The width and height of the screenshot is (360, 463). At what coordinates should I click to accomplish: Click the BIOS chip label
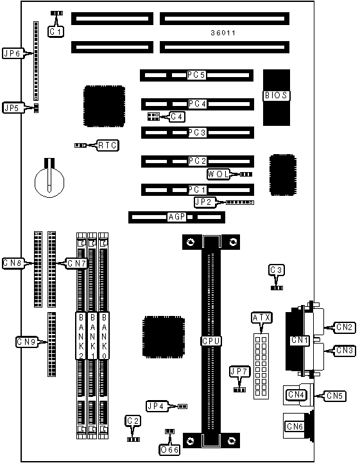(276, 96)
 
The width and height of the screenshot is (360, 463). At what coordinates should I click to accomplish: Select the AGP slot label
(176, 217)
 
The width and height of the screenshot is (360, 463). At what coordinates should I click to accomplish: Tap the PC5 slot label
(196, 75)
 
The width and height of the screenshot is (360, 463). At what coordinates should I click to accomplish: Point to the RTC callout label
(108, 145)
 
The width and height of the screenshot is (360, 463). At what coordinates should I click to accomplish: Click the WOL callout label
(218, 174)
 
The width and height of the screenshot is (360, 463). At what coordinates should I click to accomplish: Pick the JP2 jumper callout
(205, 202)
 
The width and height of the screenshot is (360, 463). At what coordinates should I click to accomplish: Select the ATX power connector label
(261, 318)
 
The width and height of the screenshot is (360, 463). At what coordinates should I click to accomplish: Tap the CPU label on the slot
(211, 341)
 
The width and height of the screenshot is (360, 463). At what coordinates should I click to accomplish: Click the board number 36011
(223, 33)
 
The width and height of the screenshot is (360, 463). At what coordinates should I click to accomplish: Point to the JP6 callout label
(13, 53)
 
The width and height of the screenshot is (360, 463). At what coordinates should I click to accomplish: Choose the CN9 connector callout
(26, 342)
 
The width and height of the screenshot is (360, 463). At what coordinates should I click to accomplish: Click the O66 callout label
(169, 450)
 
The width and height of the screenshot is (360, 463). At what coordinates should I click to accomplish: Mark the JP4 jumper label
(157, 406)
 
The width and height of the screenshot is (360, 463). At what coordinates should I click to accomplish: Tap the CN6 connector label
(295, 426)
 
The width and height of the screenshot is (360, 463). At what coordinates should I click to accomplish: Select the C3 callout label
(277, 270)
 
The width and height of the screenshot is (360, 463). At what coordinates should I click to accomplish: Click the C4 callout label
(176, 117)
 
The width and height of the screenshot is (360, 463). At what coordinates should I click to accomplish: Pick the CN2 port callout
(345, 327)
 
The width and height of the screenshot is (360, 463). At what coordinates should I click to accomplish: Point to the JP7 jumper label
(239, 371)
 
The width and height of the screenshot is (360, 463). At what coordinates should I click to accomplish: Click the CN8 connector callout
(13, 263)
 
